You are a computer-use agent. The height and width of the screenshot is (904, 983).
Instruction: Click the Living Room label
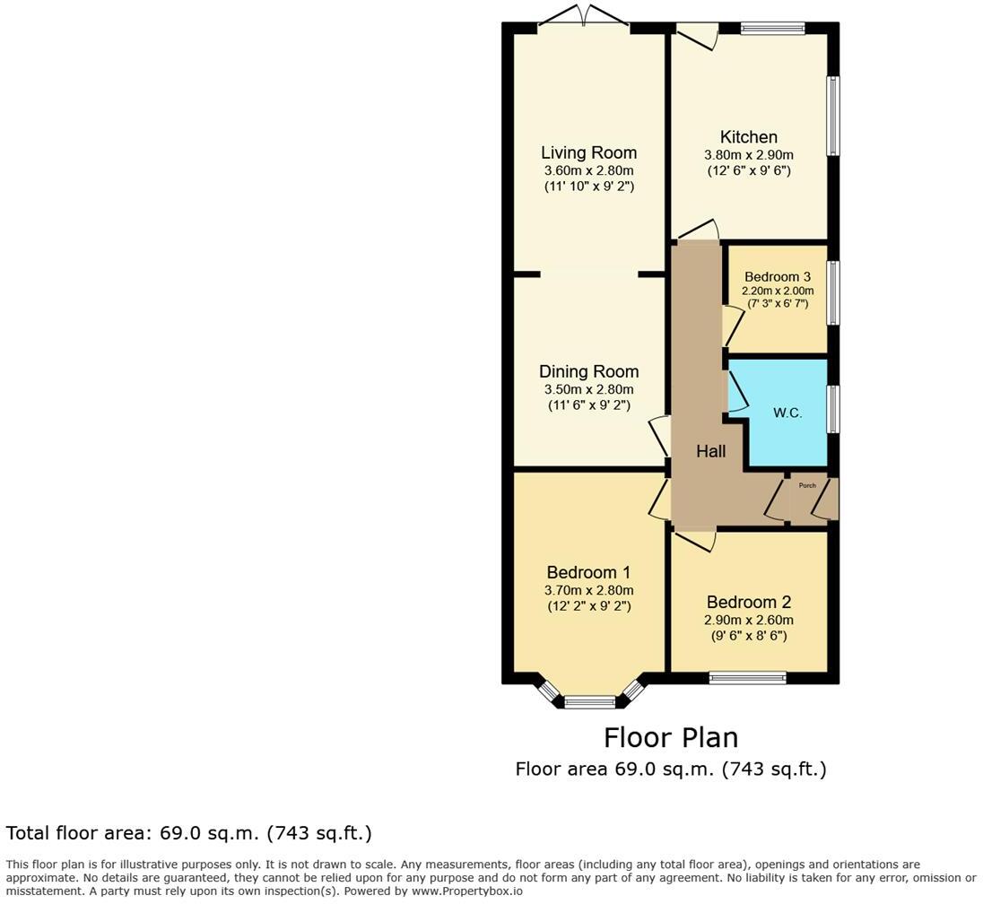(x=588, y=152)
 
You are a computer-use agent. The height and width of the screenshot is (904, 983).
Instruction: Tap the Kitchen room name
(x=748, y=137)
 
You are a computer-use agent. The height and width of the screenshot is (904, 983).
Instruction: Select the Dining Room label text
(x=588, y=371)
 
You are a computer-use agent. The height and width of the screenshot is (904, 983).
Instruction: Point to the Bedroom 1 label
(x=588, y=572)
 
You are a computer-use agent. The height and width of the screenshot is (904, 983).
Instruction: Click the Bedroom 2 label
(x=749, y=602)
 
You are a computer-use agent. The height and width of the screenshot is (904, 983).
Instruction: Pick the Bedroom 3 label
(x=777, y=277)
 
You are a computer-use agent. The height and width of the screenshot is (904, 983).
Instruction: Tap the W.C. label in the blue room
(x=787, y=413)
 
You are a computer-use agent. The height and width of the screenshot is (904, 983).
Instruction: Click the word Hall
(x=711, y=452)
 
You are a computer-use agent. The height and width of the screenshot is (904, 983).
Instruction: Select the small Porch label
(x=807, y=485)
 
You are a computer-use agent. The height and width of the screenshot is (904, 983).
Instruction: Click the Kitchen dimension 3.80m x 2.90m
(x=748, y=154)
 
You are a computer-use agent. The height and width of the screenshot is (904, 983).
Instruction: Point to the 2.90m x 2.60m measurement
(x=749, y=620)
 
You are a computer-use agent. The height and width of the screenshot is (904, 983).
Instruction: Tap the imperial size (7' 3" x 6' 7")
(x=777, y=304)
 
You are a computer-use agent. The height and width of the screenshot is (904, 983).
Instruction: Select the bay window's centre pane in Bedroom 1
(x=589, y=702)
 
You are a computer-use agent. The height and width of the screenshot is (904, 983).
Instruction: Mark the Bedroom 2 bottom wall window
(x=747, y=678)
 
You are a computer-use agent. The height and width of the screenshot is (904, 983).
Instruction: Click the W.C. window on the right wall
(x=833, y=410)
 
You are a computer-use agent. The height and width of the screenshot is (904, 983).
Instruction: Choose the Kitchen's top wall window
(x=772, y=29)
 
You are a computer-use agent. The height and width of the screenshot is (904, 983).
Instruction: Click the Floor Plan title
(x=670, y=737)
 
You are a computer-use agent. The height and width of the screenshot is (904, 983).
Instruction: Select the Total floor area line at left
(x=189, y=833)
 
